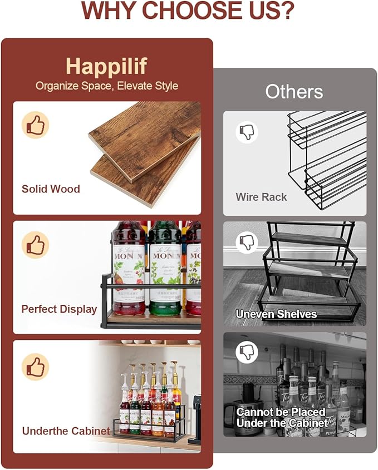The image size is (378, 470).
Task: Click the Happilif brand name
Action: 106,66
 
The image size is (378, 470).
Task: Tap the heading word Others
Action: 294,91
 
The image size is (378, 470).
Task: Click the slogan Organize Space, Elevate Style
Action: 107,86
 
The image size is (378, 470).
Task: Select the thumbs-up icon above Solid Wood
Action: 35,125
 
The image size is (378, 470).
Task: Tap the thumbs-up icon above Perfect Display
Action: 35,245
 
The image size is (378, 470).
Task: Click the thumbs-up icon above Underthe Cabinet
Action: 35,367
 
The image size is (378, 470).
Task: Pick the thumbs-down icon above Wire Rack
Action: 246,132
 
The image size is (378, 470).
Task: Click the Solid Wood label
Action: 51,189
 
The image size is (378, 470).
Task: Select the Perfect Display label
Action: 59,309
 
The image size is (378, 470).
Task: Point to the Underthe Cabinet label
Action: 66,431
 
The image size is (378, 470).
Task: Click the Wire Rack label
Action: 261,197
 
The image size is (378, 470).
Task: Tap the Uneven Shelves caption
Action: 276,314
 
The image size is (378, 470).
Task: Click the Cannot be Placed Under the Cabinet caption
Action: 281,417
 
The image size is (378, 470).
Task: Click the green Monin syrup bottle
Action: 165,267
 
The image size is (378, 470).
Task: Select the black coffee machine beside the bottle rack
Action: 195,417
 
